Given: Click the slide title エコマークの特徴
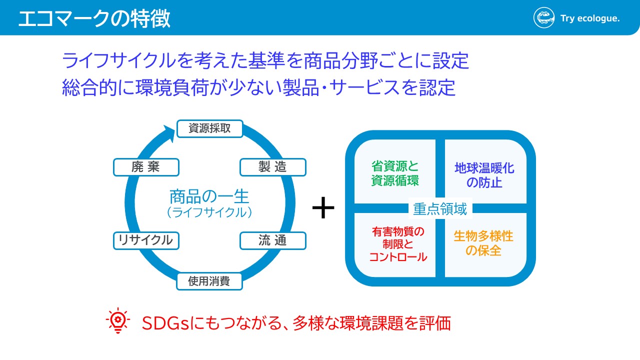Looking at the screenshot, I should click(94, 18).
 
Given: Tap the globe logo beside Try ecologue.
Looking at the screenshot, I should click(544, 18).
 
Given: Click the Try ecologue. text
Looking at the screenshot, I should click(590, 19).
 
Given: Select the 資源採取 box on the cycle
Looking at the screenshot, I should click(209, 128).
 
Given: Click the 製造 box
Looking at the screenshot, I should click(272, 167).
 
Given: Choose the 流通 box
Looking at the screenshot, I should click(272, 240).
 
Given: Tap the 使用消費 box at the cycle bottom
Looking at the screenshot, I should click(209, 281).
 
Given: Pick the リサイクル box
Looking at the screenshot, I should click(146, 240).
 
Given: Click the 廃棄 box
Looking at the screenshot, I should click(146, 167).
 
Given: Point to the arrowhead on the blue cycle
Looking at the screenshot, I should click(169, 132).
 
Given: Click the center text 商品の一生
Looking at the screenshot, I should click(209, 195).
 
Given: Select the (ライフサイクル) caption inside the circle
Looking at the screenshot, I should click(209, 212).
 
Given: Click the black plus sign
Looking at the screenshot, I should click(323, 208).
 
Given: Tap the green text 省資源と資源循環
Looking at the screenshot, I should click(395, 173).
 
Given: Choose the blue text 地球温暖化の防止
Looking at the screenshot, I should click(484, 175).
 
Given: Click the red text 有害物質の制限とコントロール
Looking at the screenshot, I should click(398, 244).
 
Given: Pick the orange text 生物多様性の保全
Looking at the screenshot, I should click(483, 243).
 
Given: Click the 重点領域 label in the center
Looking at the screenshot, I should click(440, 209).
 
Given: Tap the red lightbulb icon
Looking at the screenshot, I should click(117, 321).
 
